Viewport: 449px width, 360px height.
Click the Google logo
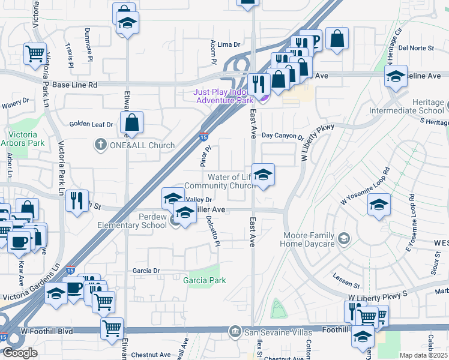19,353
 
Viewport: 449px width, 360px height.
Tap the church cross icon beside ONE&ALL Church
101,145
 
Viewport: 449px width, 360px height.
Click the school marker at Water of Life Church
262,175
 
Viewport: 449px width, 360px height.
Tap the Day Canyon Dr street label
283,136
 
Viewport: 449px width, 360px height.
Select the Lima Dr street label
229,44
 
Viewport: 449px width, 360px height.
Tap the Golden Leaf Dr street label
91,124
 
